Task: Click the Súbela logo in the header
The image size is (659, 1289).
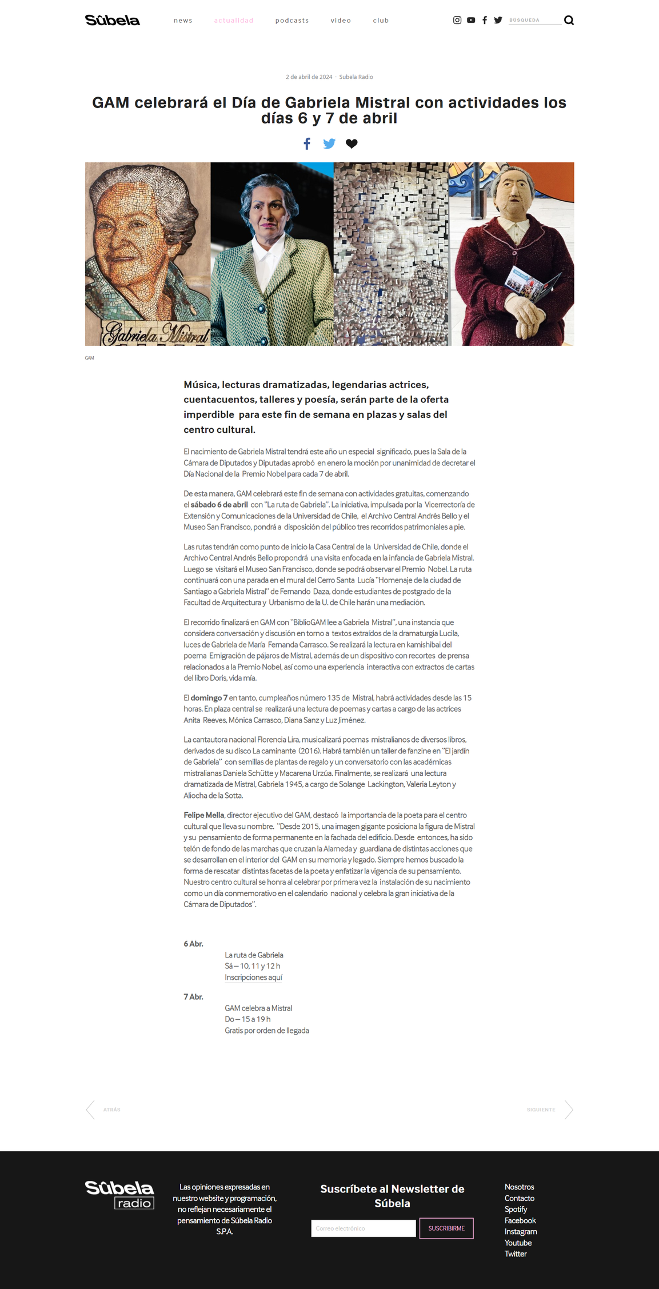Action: pos(112,21)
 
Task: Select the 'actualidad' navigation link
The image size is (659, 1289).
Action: pos(234,21)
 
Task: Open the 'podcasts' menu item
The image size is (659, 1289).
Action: pos(292,21)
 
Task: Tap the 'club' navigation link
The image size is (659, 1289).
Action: pos(381,21)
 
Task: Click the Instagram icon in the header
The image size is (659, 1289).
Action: pos(457,20)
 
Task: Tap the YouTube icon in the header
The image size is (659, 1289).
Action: pos(471,20)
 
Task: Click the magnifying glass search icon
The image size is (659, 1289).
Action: pos(569,21)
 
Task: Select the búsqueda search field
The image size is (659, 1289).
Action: pos(534,20)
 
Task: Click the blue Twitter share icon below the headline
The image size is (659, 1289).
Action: pos(329,143)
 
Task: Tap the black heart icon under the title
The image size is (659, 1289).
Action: pos(352,143)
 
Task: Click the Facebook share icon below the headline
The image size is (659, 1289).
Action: pos(307,143)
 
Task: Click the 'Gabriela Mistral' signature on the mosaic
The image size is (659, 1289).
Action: pos(156,333)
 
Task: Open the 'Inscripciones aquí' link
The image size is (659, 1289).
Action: pos(253,977)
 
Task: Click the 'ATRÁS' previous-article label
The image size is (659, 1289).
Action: pos(111,1110)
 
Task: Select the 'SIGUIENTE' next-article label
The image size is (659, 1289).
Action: pos(541,1110)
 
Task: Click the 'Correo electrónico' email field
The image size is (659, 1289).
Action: pos(363,1228)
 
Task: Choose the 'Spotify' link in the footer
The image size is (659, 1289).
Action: pos(516,1209)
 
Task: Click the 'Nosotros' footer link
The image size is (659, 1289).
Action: pos(519,1187)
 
